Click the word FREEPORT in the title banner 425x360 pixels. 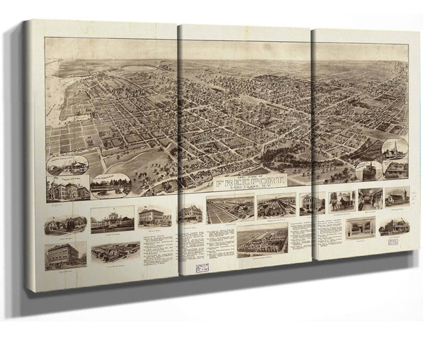(247, 181)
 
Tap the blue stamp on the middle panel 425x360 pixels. (202, 268)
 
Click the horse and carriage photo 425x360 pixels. (341, 201)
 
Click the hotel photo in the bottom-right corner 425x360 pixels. (395, 226)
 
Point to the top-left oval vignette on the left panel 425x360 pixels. (68, 165)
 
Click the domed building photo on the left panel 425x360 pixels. (112, 219)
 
